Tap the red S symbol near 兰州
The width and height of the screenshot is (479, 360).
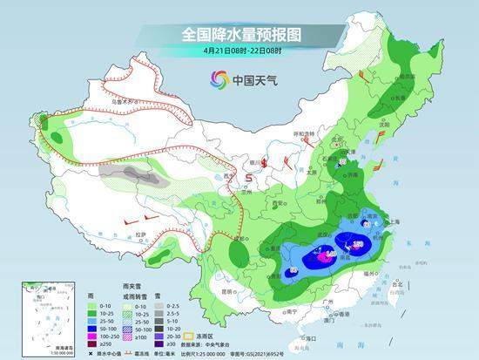tap(249, 178)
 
